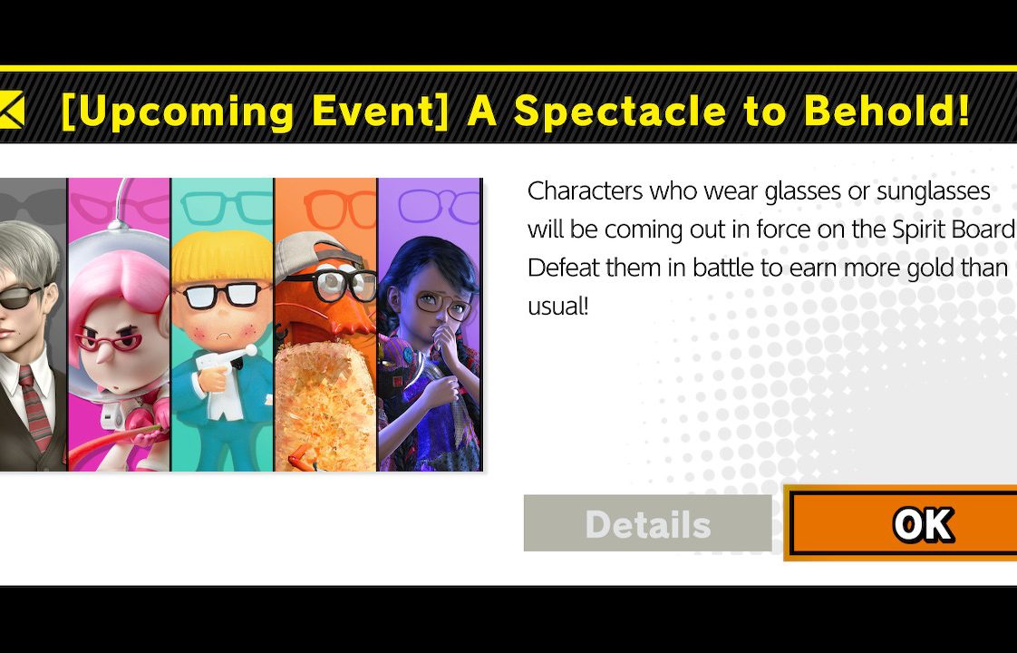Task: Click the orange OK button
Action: (902, 523)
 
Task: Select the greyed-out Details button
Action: (647, 523)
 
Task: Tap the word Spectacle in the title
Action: (620, 112)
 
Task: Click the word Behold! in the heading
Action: (886, 111)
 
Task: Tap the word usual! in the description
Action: (557, 306)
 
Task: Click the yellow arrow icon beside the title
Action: (12, 109)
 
